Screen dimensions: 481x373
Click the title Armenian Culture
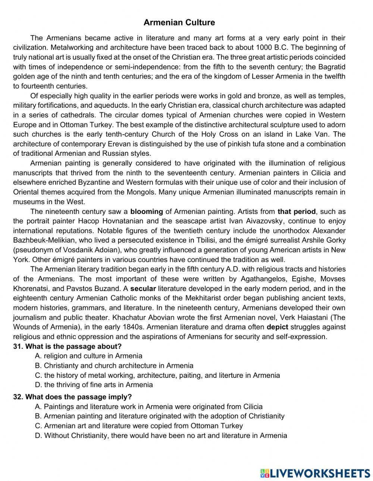coord(179,22)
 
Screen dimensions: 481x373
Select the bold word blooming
coord(147,212)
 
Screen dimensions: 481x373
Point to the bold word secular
coord(143,288)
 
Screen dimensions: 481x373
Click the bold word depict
coord(278,327)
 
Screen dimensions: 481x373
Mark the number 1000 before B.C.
coord(264,48)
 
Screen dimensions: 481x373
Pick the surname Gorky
coord(335,240)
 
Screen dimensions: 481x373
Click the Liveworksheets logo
coord(315,473)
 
